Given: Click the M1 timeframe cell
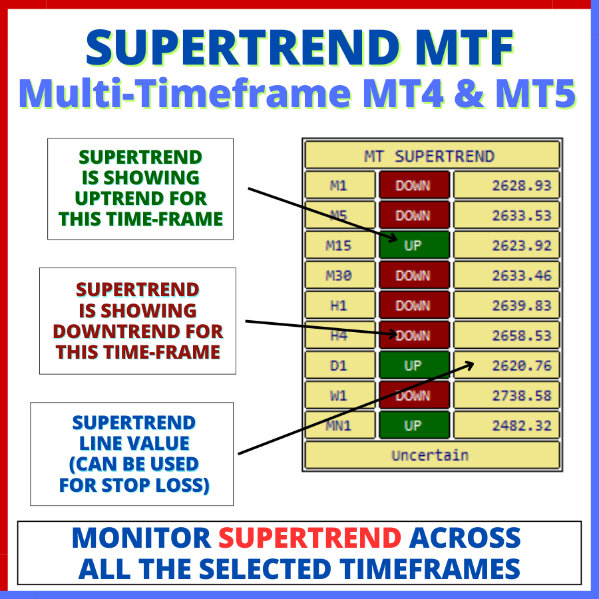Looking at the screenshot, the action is tap(339, 185).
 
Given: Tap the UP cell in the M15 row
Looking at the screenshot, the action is tap(414, 245).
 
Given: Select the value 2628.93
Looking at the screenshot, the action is tap(506, 185).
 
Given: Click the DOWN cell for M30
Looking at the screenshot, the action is tap(414, 276).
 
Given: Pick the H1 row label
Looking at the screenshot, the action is tap(339, 305).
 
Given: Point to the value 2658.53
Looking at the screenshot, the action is tap(506, 335).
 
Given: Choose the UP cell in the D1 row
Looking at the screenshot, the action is tap(414, 365).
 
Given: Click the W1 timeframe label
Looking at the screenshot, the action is tap(339, 395).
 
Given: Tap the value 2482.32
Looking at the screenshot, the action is tap(506, 425).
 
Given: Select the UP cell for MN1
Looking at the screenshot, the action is tap(414, 425).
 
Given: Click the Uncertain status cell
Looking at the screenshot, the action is tap(433, 455).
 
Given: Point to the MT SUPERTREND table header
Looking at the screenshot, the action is tap(433, 155).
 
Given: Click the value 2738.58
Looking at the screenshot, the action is tap(506, 395).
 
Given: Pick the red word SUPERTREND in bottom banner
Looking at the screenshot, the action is tap(309, 538).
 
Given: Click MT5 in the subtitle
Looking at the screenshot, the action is tap(536, 94).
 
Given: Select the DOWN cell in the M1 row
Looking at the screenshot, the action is tap(414, 185).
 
